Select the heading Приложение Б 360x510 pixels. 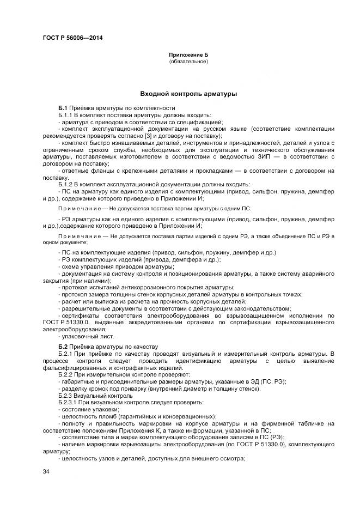coord(188,56)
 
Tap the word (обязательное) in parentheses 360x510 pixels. coord(188,62)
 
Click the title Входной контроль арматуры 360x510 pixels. coord(188,94)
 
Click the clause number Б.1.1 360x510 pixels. coord(66,116)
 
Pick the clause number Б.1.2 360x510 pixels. coord(66,184)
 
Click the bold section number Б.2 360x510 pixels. coord(63,347)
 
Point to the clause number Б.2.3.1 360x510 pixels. coord(68,402)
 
